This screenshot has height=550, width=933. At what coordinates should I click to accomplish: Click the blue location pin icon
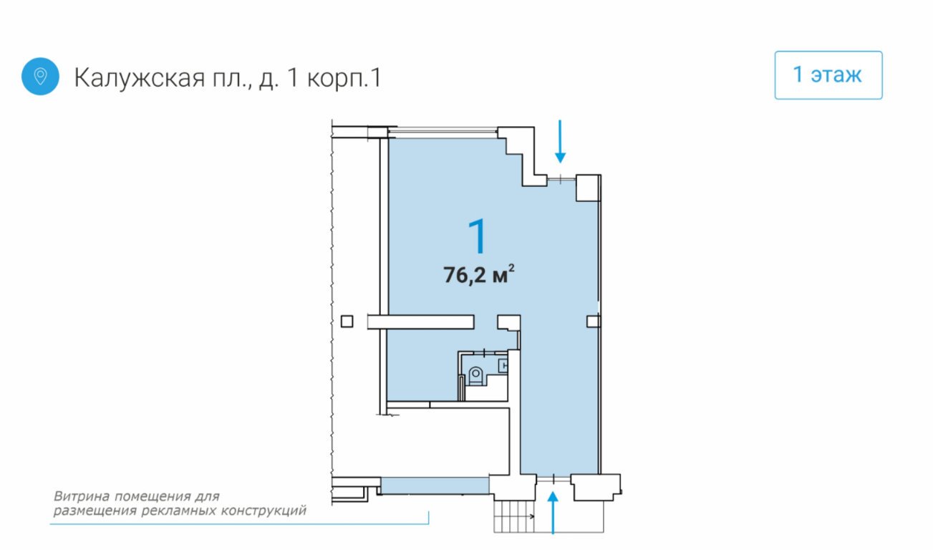(40, 76)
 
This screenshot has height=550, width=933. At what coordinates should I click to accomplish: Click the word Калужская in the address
(140, 77)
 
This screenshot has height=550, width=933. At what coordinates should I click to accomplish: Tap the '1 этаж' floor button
(828, 75)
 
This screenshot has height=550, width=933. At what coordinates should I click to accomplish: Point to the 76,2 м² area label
(478, 274)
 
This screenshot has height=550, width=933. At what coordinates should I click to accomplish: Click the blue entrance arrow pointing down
(560, 141)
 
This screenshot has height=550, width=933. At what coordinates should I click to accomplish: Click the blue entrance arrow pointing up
(553, 513)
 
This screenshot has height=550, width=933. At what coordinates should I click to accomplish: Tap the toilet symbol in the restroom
(475, 375)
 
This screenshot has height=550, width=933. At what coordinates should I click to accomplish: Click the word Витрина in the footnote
(82, 496)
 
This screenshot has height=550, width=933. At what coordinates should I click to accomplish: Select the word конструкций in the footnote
(264, 511)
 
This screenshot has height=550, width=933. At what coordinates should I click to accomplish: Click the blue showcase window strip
(435, 486)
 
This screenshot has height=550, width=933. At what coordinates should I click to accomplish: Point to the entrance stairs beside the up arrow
(514, 516)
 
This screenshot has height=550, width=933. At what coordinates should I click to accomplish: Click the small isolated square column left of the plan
(347, 322)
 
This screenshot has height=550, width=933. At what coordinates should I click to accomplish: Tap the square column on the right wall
(593, 322)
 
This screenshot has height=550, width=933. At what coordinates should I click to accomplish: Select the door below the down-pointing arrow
(561, 179)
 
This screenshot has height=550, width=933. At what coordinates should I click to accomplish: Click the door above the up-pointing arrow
(553, 480)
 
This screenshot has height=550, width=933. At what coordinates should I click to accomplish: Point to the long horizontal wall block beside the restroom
(421, 322)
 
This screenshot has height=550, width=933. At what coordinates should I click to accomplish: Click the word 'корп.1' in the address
(344, 78)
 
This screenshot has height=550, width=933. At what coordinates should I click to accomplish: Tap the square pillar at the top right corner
(588, 188)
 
